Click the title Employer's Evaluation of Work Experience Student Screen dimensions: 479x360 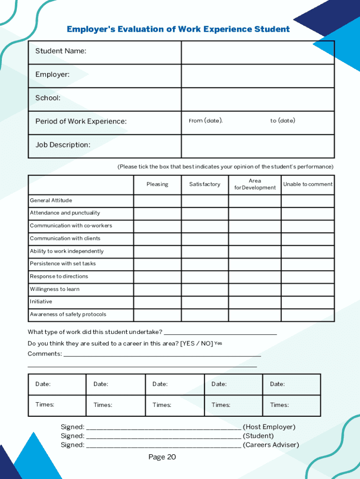click(x=178, y=29)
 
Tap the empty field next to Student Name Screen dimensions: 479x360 click(x=258, y=52)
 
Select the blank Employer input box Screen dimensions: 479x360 click(x=258, y=76)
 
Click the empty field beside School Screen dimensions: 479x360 click(x=258, y=99)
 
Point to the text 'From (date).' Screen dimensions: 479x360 click(x=206, y=121)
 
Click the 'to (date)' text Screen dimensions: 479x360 click(x=282, y=121)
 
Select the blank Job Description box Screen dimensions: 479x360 click(x=258, y=146)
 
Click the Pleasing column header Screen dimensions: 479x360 click(x=157, y=184)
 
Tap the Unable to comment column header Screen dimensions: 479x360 click(x=308, y=184)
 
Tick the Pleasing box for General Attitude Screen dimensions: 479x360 click(x=157, y=201)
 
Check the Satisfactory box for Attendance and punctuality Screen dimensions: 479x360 click(x=205, y=214)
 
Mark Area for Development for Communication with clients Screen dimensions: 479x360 click(x=255, y=239)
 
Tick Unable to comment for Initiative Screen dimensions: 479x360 click(x=308, y=302)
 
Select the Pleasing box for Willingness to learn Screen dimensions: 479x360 click(x=157, y=290)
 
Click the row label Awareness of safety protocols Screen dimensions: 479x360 click(x=68, y=314)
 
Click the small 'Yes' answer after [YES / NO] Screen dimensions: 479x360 click(x=218, y=343)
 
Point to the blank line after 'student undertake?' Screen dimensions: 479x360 click(x=220, y=333)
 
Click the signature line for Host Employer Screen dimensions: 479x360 click(x=164, y=427)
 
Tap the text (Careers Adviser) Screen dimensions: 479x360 click(x=271, y=445)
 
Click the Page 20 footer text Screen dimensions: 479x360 click(x=162, y=457)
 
